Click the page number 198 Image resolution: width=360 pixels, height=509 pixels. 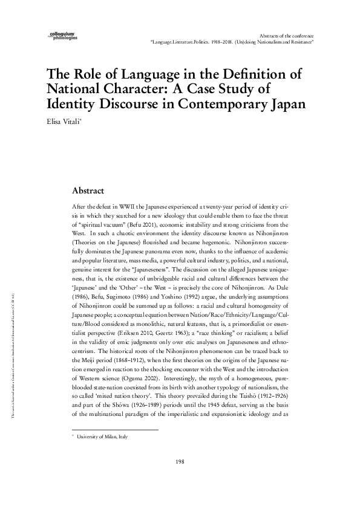pyautogui.click(x=180, y=479)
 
